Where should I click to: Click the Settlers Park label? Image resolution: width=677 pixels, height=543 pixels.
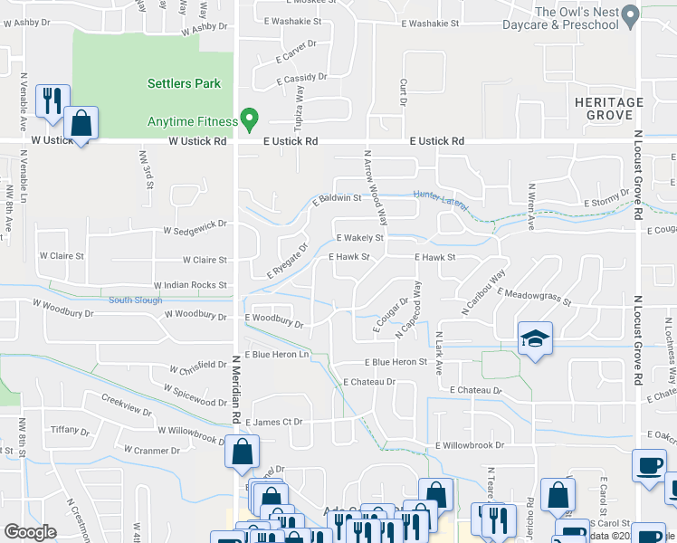point(184,84)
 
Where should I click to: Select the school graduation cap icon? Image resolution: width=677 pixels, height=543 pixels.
point(534,339)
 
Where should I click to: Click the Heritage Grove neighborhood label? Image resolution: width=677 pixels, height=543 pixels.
point(608,110)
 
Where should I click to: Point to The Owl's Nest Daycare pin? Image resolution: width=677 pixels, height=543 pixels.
point(631,15)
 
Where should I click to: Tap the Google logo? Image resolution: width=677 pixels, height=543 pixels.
point(30,532)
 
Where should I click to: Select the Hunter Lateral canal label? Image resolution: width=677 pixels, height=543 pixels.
point(441,196)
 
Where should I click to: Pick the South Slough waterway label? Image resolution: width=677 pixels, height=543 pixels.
point(135,300)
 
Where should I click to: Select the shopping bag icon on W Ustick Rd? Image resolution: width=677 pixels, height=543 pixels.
point(81,124)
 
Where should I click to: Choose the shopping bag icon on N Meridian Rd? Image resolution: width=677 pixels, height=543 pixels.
point(242,451)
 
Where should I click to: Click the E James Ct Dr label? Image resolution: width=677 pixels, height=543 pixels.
point(285,422)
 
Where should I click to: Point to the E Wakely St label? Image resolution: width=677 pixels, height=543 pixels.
point(359,238)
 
